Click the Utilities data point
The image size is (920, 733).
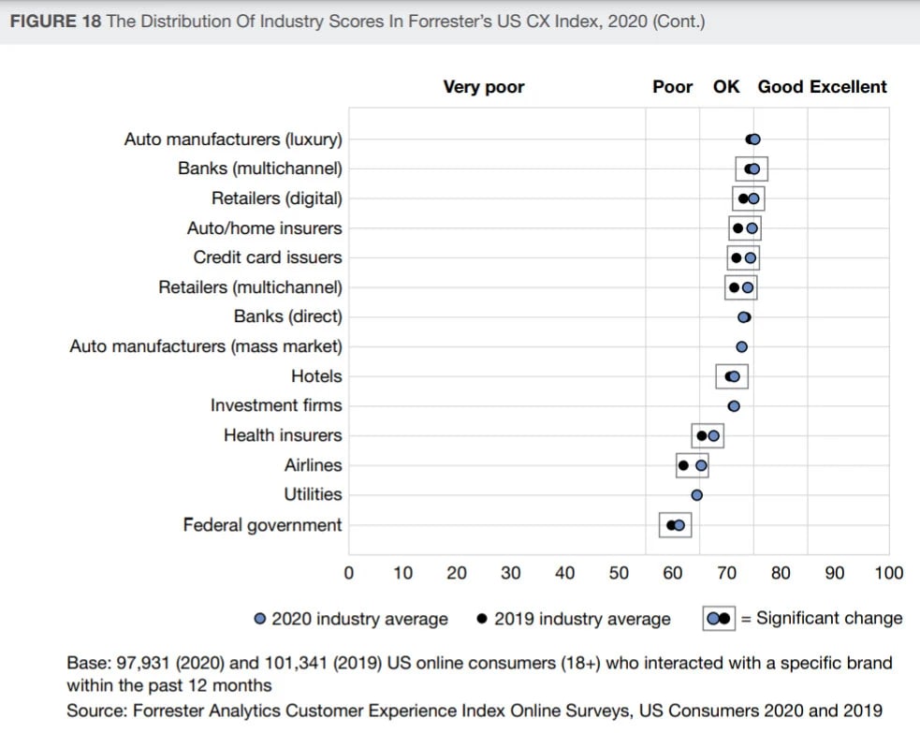pyautogui.click(x=696, y=495)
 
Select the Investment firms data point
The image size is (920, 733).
pyautogui.click(x=734, y=406)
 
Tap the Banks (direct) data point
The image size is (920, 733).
pyautogui.click(x=744, y=317)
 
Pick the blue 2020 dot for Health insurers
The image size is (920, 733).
pyautogui.click(x=713, y=435)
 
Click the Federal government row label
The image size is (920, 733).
pyautogui.click(x=262, y=525)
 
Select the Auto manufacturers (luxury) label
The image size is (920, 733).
pyautogui.click(x=233, y=139)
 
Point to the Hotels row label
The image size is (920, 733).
pyautogui.click(x=316, y=376)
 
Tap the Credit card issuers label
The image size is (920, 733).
pyautogui.click(x=268, y=257)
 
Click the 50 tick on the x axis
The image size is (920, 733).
pyautogui.click(x=619, y=573)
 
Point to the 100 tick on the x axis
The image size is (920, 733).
pyautogui.click(x=888, y=573)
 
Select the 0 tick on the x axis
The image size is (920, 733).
pyautogui.click(x=349, y=573)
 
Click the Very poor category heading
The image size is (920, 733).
pyautogui.click(x=483, y=87)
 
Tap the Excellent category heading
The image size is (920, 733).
pyautogui.click(x=848, y=87)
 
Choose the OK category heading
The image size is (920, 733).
pyautogui.click(x=725, y=87)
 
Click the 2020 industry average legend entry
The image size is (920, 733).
pyautogui.click(x=351, y=619)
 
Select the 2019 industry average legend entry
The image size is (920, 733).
pyautogui.click(x=574, y=619)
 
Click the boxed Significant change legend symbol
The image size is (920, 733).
pyautogui.click(x=719, y=619)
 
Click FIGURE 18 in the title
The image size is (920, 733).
pyautogui.click(x=54, y=22)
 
